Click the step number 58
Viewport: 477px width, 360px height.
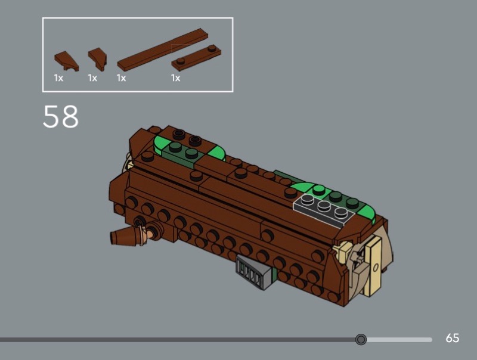pos(61,116)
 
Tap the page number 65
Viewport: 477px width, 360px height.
pos(453,338)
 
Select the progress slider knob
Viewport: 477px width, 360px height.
pos(361,339)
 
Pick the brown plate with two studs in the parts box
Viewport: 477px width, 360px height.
pos(196,58)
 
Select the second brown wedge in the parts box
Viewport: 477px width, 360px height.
pos(98,59)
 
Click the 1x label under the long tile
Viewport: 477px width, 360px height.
pos(122,78)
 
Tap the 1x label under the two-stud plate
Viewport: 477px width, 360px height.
pos(175,78)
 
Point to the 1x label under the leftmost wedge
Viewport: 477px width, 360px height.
pos(58,78)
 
